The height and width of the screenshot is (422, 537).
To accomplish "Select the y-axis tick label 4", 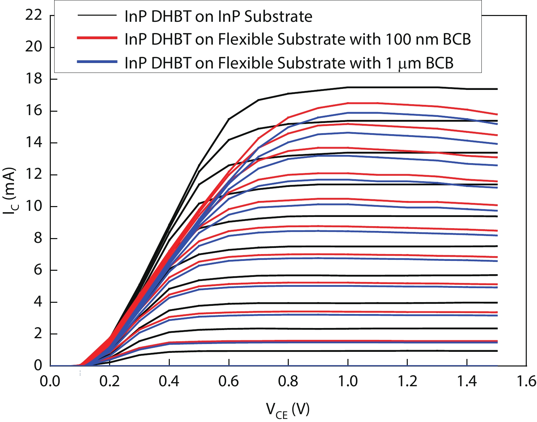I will tap(38, 302).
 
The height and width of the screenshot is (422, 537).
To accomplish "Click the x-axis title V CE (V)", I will tap(287, 410).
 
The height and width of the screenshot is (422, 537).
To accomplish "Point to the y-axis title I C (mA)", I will tap(10, 191).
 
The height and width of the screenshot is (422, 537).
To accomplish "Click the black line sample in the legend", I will tap(97, 16).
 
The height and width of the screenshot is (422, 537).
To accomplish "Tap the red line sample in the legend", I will tap(97, 38).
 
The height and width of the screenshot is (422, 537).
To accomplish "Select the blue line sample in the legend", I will tap(97, 62).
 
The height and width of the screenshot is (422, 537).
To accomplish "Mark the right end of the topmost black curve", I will tap(497, 89).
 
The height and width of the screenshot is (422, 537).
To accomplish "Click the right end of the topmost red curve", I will tap(497, 114).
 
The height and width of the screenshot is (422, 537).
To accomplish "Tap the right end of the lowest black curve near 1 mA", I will tap(497, 351).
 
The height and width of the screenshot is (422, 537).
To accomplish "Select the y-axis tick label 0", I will tap(38, 366).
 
